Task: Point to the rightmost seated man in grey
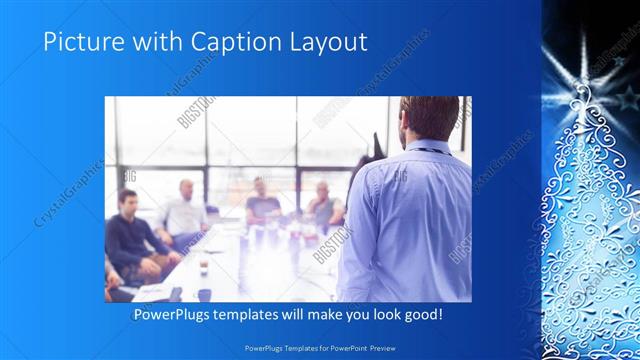click(323, 205)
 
